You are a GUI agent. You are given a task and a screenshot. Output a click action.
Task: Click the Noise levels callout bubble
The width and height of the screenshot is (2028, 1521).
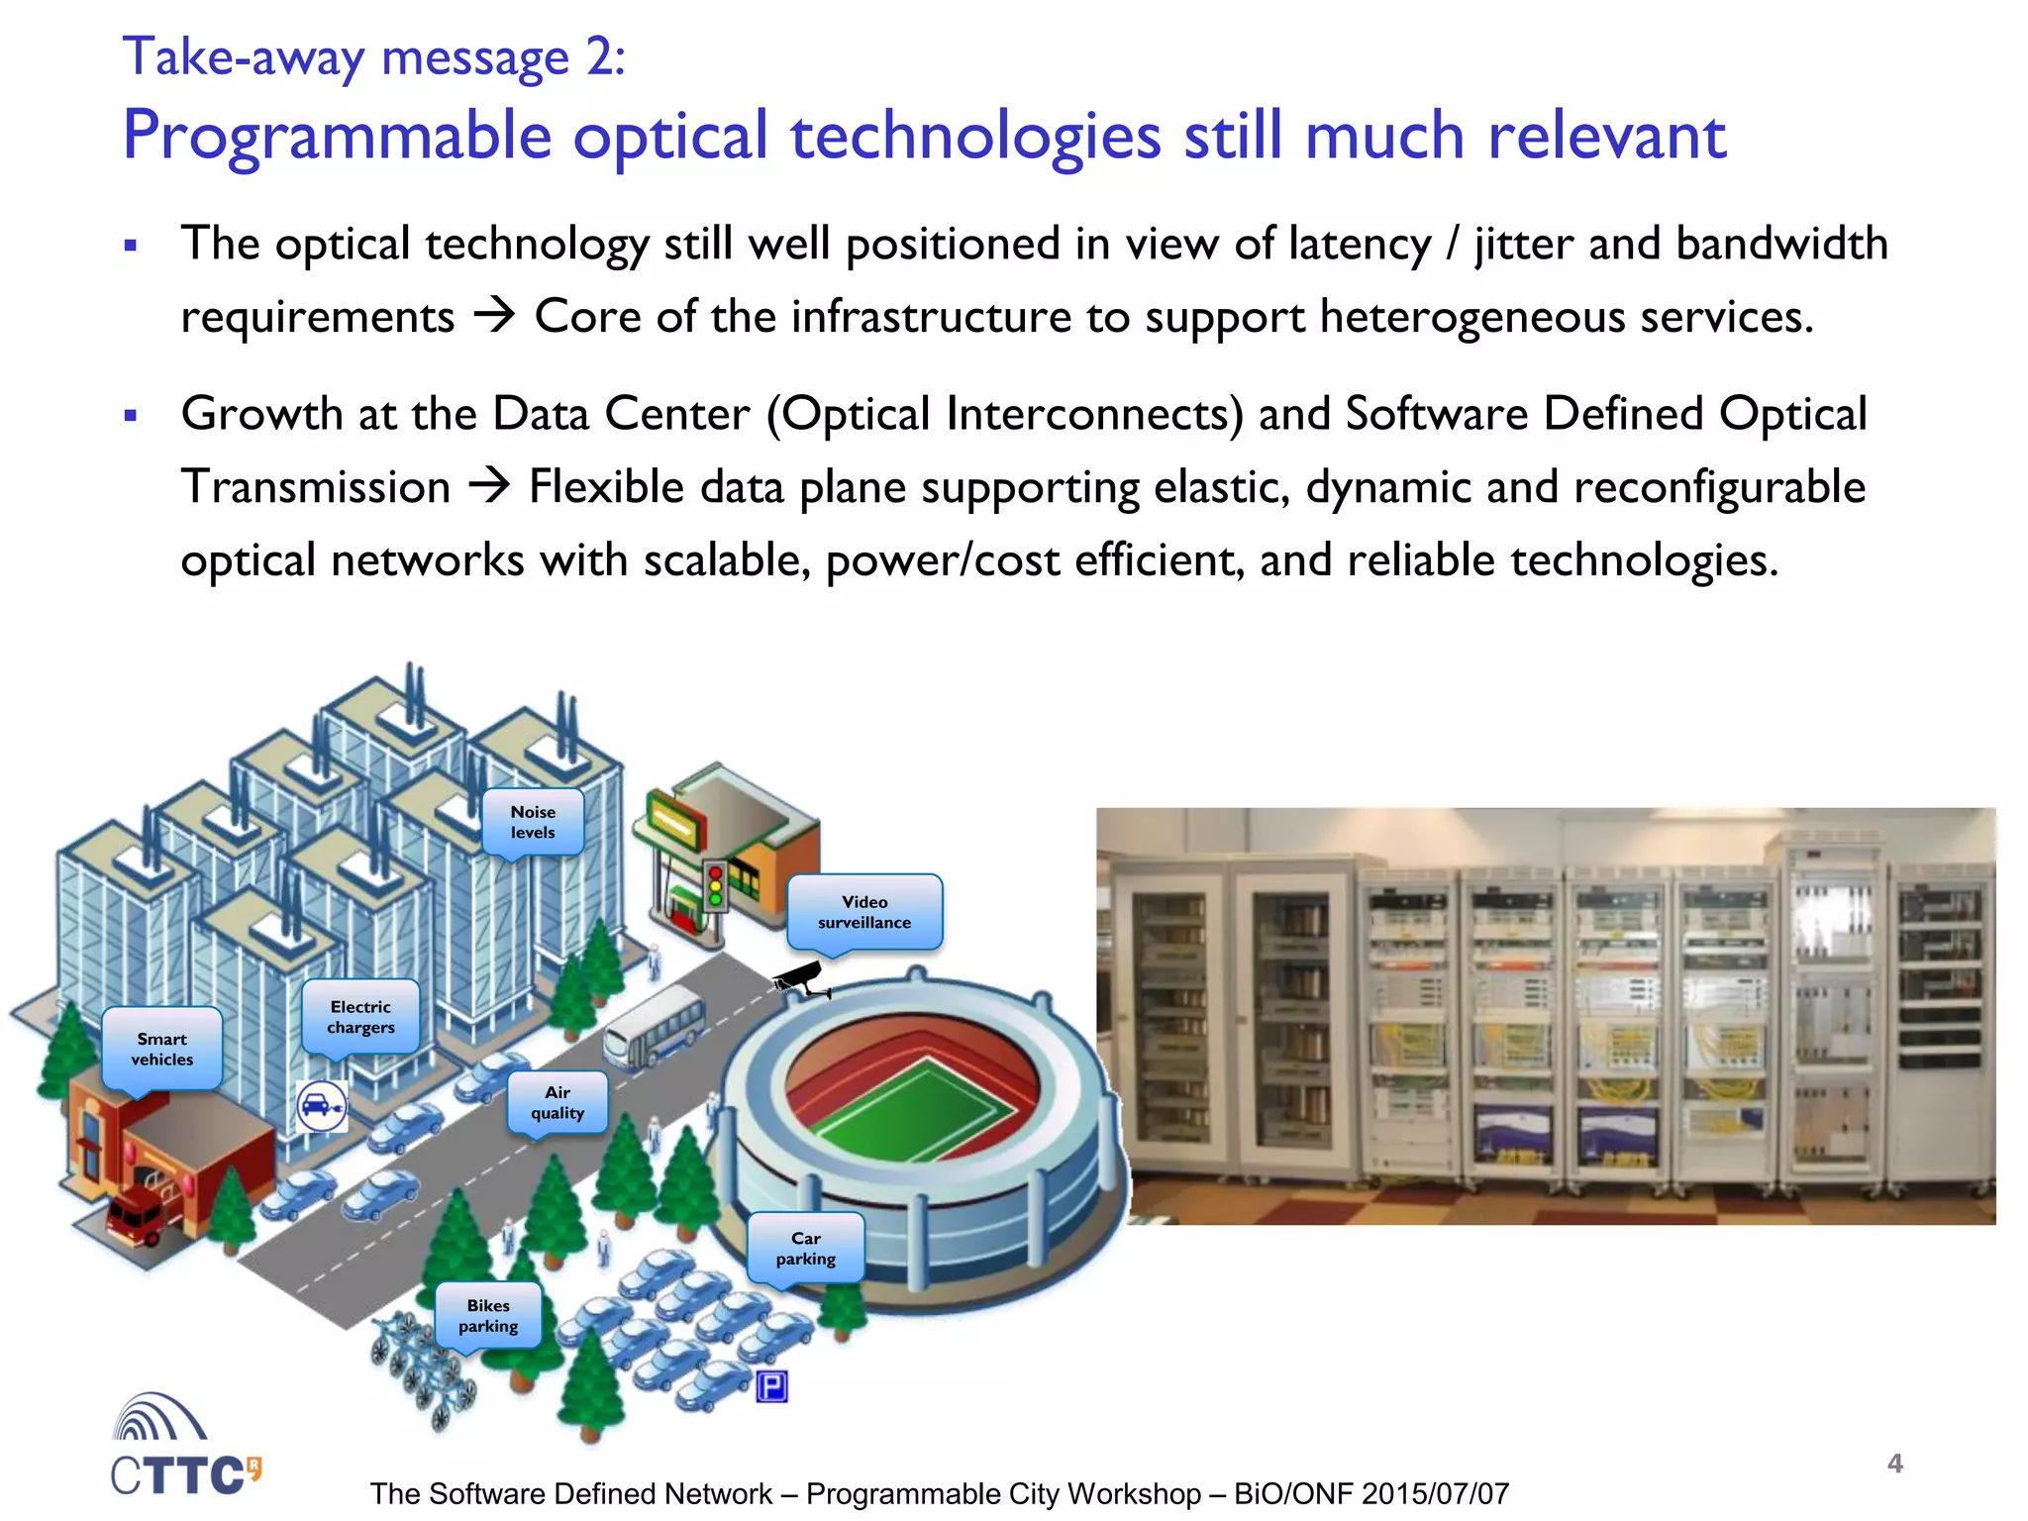533,822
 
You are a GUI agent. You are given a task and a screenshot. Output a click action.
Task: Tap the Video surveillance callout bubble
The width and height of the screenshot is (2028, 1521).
864,912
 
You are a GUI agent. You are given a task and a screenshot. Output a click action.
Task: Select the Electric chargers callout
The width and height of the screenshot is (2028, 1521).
360,1017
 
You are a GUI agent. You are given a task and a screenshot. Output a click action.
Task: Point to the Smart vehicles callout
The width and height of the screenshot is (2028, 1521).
162,1049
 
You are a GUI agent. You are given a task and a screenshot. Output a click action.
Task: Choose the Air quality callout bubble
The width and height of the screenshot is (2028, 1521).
558,1102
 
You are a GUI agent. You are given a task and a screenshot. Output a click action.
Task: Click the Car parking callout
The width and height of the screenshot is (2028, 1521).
806,1249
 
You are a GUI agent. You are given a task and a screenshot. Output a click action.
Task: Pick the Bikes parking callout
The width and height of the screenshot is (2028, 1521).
488,1316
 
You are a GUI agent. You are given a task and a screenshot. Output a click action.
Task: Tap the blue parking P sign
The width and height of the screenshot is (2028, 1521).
771,1386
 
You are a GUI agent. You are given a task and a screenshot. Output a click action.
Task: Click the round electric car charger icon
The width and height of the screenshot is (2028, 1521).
321,1106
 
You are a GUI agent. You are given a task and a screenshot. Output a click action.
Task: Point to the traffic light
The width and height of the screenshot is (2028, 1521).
715,885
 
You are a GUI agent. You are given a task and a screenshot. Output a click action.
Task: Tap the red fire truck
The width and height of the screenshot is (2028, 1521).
137,1215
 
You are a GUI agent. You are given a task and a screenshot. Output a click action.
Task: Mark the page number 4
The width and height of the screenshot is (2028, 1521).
1895,1464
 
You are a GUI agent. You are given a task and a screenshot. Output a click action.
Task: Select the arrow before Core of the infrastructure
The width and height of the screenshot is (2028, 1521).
494,317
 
